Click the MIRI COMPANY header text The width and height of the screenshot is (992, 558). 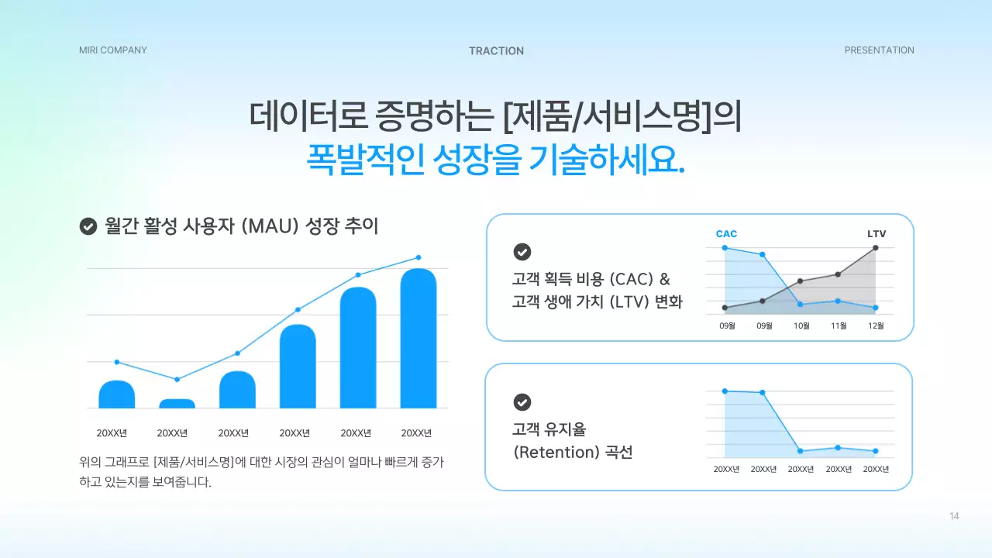pyautogui.click(x=112, y=50)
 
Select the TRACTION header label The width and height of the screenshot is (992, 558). pyautogui.click(x=496, y=51)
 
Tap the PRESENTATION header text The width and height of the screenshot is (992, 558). pyautogui.click(x=879, y=50)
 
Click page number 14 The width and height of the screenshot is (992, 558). pyautogui.click(x=954, y=516)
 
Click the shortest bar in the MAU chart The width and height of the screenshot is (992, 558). pyautogui.click(x=177, y=404)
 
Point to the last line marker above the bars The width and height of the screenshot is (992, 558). pyautogui.click(x=418, y=257)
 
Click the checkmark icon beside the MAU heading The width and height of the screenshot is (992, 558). pyautogui.click(x=88, y=226)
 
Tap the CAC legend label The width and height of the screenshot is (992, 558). pyautogui.click(x=726, y=234)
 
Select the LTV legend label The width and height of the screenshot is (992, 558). pyautogui.click(x=876, y=234)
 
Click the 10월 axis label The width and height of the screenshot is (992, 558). pyautogui.click(x=801, y=326)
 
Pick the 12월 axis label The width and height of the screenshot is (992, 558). pyautogui.click(x=876, y=326)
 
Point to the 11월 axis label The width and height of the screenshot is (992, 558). pyautogui.click(x=839, y=326)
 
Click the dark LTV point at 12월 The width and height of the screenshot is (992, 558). pyautogui.click(x=876, y=248)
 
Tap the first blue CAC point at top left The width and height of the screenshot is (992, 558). pyautogui.click(x=725, y=248)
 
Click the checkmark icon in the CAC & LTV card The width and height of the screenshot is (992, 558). pyautogui.click(x=522, y=252)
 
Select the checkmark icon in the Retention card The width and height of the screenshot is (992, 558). pyautogui.click(x=522, y=402)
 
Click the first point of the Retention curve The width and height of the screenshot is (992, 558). pyautogui.click(x=725, y=391)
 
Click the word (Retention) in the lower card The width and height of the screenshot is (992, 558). pyautogui.click(x=555, y=453)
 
